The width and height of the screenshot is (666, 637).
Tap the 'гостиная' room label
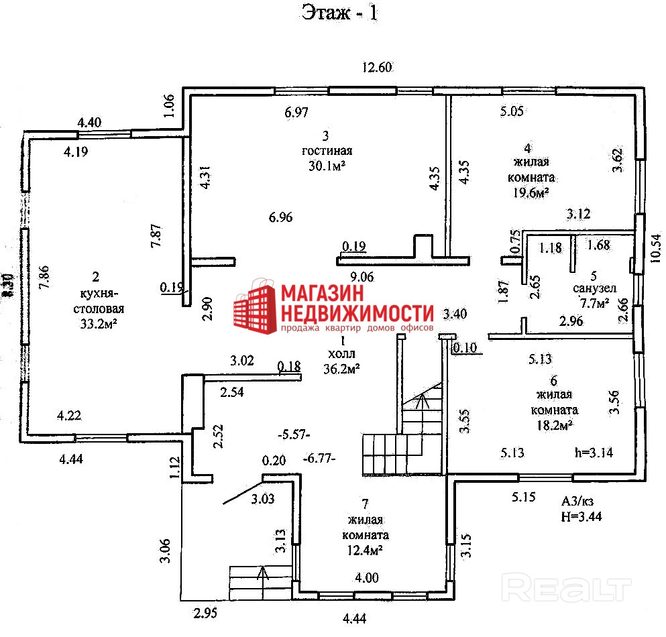327,151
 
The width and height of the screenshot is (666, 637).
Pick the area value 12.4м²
365,551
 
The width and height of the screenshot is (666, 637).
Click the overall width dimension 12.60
376,66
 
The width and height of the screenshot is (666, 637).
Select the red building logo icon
255,308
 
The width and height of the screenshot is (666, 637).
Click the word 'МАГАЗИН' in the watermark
321,294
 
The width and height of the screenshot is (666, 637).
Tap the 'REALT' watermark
567,589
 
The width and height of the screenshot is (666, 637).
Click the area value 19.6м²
531,192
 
